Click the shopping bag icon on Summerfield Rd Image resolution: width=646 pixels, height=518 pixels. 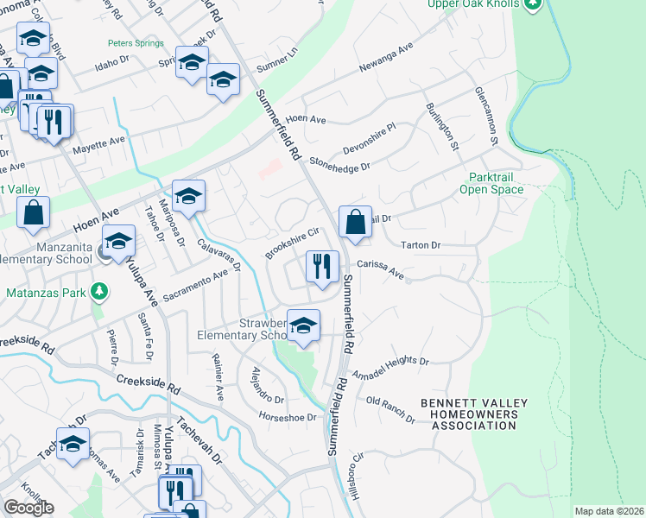355,222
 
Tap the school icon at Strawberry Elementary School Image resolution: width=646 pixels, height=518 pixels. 303,326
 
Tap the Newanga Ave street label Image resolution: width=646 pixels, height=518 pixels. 383,57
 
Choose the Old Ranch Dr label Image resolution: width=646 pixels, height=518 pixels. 390,406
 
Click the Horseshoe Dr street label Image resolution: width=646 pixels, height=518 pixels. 288,416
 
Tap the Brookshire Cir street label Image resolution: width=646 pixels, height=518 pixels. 293,242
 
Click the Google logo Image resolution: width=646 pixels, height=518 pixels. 28,508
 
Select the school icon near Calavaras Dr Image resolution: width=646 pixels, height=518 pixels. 187,196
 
